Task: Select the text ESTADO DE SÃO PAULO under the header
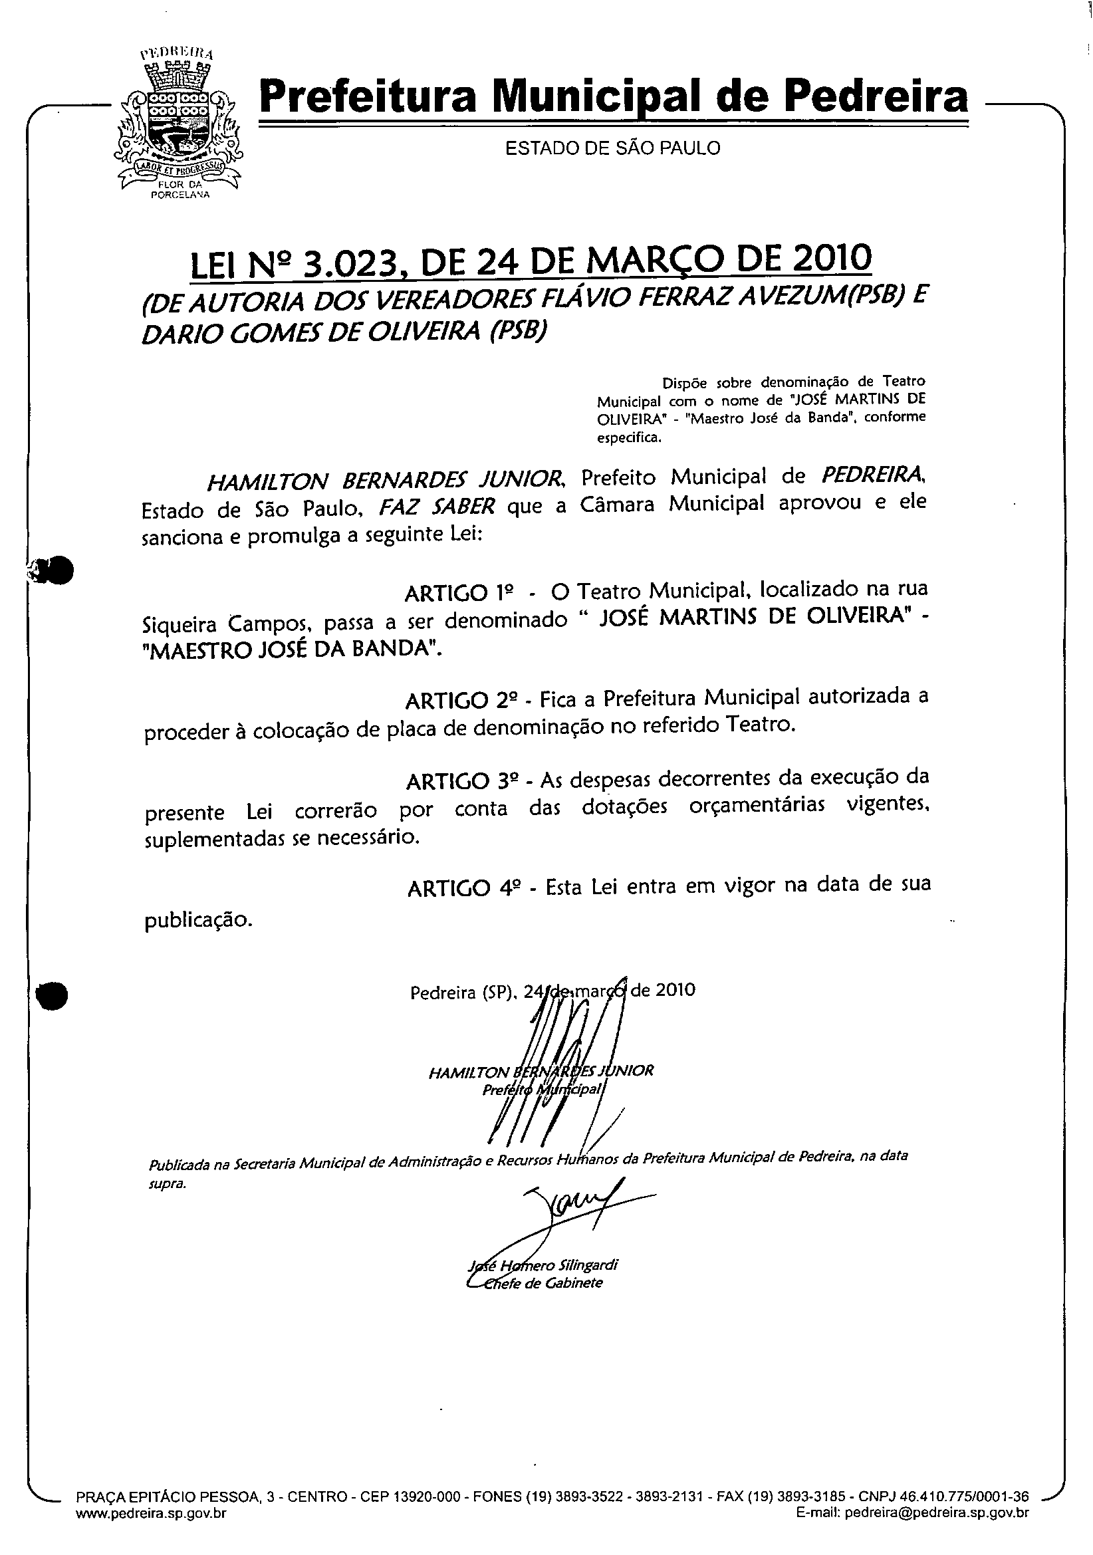tap(612, 148)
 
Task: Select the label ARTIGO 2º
tap(461, 699)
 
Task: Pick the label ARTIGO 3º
tap(463, 781)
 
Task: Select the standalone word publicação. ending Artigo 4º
tap(198, 919)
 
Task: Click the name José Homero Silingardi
tap(543, 1264)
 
